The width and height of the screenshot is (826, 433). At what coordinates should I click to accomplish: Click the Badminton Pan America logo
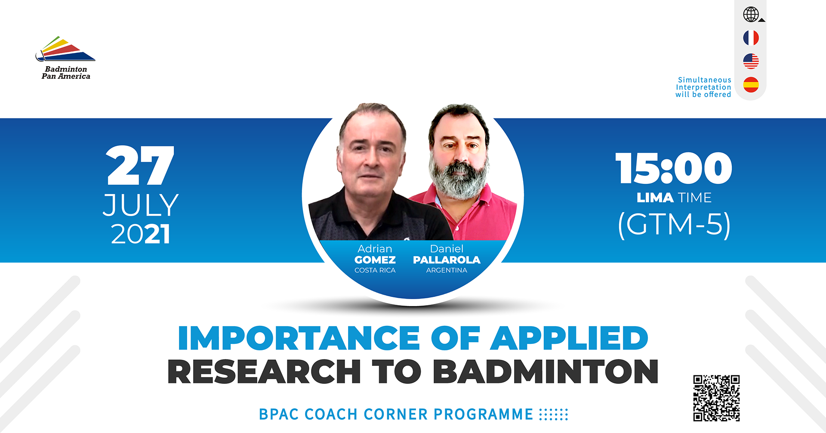[x=65, y=58]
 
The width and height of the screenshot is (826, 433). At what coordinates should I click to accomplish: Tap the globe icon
[x=751, y=14]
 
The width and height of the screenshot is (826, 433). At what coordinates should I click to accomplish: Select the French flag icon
[x=751, y=38]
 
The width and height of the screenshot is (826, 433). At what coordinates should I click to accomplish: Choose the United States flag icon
[x=751, y=61]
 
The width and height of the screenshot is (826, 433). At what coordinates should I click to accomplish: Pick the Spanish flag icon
[x=751, y=84]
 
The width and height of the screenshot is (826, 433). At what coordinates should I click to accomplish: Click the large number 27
[x=140, y=166]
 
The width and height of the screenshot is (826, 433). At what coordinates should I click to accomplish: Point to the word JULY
[x=141, y=205]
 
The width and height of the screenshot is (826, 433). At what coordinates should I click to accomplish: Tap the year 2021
[x=140, y=234]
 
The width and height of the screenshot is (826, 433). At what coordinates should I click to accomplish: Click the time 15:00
[x=673, y=168]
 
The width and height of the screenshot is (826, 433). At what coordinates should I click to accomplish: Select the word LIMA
[x=655, y=198]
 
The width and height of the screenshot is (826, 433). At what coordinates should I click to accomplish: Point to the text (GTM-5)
[x=674, y=224]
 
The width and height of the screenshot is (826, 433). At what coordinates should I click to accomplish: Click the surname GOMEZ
[x=375, y=260]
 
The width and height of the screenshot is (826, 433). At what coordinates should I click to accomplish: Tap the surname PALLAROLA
[x=447, y=260]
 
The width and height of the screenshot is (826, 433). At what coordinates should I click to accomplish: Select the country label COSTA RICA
[x=375, y=270]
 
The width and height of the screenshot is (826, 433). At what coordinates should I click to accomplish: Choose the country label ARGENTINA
[x=447, y=270]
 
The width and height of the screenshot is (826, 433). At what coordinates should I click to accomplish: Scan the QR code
[x=716, y=398]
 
